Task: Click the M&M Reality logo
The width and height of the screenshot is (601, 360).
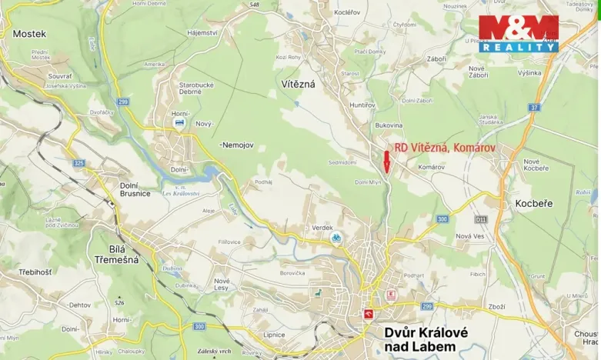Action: click(518, 34)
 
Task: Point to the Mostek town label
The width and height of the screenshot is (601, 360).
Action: click(29, 34)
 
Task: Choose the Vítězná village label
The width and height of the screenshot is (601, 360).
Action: click(298, 83)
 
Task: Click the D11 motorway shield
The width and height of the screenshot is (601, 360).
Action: click(481, 219)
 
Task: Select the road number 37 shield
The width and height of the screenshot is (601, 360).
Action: click(534, 108)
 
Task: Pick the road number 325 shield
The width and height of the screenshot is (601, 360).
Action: click(79, 163)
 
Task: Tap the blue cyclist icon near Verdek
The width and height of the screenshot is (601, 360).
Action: click(336, 238)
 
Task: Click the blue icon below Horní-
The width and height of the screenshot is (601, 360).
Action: click(179, 122)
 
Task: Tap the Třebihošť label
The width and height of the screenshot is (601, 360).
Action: click(35, 272)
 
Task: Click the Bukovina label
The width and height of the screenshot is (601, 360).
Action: click(389, 125)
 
